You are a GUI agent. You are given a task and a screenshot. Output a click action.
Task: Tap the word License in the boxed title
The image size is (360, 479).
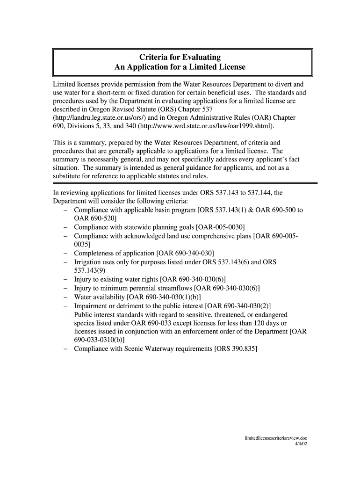tap(229, 67)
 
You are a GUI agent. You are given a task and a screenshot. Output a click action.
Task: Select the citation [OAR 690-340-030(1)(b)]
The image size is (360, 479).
tap(164, 297)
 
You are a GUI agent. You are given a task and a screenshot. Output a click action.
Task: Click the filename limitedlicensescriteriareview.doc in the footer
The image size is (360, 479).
tap(276, 438)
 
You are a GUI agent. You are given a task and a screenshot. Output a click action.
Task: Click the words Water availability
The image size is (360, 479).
tap(99, 297)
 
